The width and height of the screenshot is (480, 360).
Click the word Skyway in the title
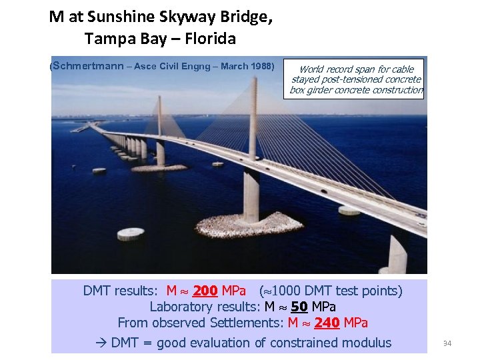pos(175,17)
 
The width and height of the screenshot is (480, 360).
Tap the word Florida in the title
pos(207,39)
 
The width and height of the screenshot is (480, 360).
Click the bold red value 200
pos(205,291)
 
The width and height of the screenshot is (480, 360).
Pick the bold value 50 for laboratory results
pos(299,307)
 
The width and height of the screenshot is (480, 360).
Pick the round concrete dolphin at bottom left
pos(131,233)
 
